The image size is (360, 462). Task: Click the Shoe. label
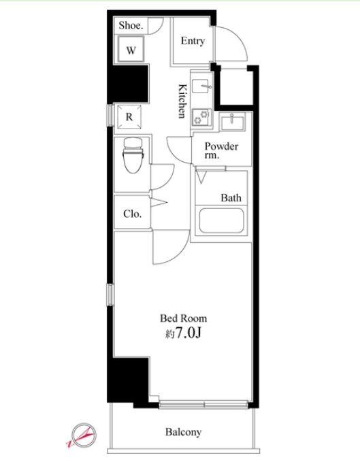click(x=131, y=25)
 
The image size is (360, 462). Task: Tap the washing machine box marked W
click(x=131, y=49)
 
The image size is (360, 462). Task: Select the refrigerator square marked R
click(x=129, y=116)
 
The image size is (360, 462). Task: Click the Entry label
click(x=193, y=41)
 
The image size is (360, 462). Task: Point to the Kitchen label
click(x=182, y=101)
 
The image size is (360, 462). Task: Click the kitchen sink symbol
click(x=202, y=86)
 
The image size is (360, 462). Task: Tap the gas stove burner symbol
click(x=202, y=117)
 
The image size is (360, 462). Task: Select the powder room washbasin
click(x=233, y=122)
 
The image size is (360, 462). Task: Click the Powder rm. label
click(x=221, y=150)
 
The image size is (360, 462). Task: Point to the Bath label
click(x=231, y=198)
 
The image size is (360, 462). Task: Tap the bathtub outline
click(x=221, y=220)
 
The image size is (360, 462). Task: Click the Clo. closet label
click(x=132, y=214)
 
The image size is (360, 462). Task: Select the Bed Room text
click(x=183, y=318)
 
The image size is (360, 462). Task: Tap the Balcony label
click(x=183, y=432)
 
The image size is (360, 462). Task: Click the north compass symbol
click(x=82, y=435)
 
